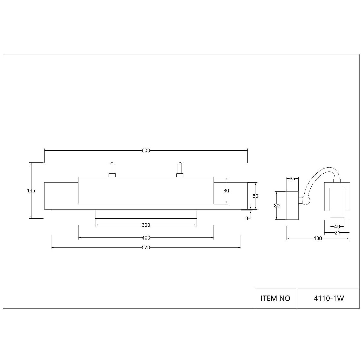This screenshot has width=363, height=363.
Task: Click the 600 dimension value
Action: (146, 151)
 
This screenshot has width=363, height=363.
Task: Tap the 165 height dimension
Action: (31, 191)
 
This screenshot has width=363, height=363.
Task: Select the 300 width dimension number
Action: (146, 225)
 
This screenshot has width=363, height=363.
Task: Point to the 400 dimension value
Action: (146, 238)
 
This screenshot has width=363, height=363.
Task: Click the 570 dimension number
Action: (146, 247)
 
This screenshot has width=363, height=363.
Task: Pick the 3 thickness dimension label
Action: (247, 218)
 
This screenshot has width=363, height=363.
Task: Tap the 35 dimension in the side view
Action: (292, 178)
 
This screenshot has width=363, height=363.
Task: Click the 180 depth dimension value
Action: (318, 238)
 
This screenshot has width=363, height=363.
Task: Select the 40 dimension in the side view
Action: (337, 227)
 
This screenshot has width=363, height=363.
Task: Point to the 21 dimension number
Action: (337, 233)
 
